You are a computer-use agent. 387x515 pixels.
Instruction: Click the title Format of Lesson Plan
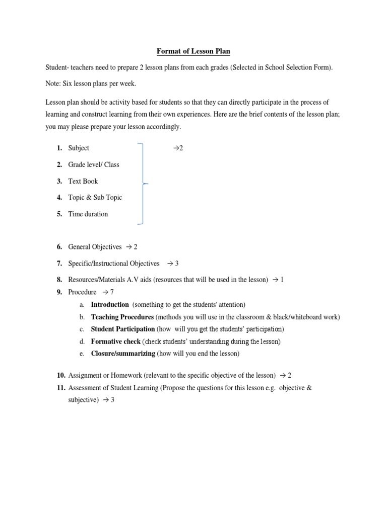pos(193,51)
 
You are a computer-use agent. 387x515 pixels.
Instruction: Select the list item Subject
pos(79,148)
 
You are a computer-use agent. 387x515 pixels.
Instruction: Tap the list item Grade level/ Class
pos(94,164)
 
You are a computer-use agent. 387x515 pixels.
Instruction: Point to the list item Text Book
pos(83,181)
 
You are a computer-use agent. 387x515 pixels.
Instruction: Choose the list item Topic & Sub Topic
pos(95,197)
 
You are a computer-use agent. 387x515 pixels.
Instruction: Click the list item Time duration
pos(88,214)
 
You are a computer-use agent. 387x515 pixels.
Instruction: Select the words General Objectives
pos(95,247)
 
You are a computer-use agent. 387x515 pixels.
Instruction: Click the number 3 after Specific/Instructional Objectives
pos(177,263)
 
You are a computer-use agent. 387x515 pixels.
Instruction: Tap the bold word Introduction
pos(110,305)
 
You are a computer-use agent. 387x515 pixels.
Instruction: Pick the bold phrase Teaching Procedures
pos(122,317)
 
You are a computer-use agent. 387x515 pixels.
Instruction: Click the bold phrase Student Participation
pos(123,329)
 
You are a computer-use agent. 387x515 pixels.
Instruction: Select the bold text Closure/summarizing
pos(123,354)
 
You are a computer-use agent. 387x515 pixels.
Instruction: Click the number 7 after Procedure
pos(112,292)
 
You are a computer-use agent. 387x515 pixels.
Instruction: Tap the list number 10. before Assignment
pos(61,375)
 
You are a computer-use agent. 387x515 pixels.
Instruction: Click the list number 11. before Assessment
pos(61,388)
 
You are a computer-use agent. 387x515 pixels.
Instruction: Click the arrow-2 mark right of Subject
pos(177,148)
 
